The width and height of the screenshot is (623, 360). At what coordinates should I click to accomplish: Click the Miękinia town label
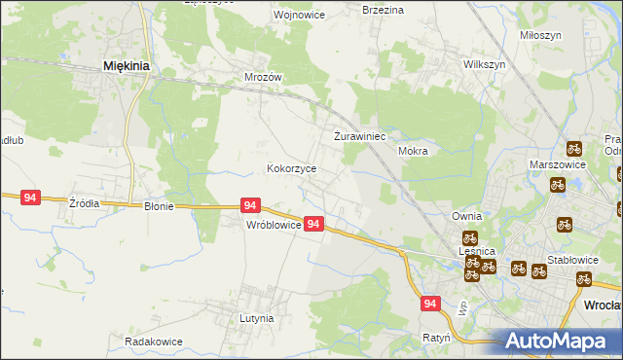126,66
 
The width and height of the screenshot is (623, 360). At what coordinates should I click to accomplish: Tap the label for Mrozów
263,76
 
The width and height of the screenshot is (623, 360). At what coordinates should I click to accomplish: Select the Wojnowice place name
272,16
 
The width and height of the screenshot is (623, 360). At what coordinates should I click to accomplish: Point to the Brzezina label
383,9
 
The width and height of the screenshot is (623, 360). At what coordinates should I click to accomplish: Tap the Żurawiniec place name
361,136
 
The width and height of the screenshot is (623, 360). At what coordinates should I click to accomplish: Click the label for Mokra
414,152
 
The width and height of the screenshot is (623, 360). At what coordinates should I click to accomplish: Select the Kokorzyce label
292,168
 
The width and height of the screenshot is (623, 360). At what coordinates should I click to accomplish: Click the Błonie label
159,206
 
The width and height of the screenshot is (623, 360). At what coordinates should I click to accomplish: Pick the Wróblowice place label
272,225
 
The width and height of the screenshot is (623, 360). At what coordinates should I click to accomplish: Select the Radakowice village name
154,342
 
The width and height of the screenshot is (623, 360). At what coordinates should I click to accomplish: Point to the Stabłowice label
571,260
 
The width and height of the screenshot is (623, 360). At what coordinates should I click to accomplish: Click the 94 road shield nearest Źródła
30,198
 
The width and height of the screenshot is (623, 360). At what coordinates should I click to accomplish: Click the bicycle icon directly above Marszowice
574,150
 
